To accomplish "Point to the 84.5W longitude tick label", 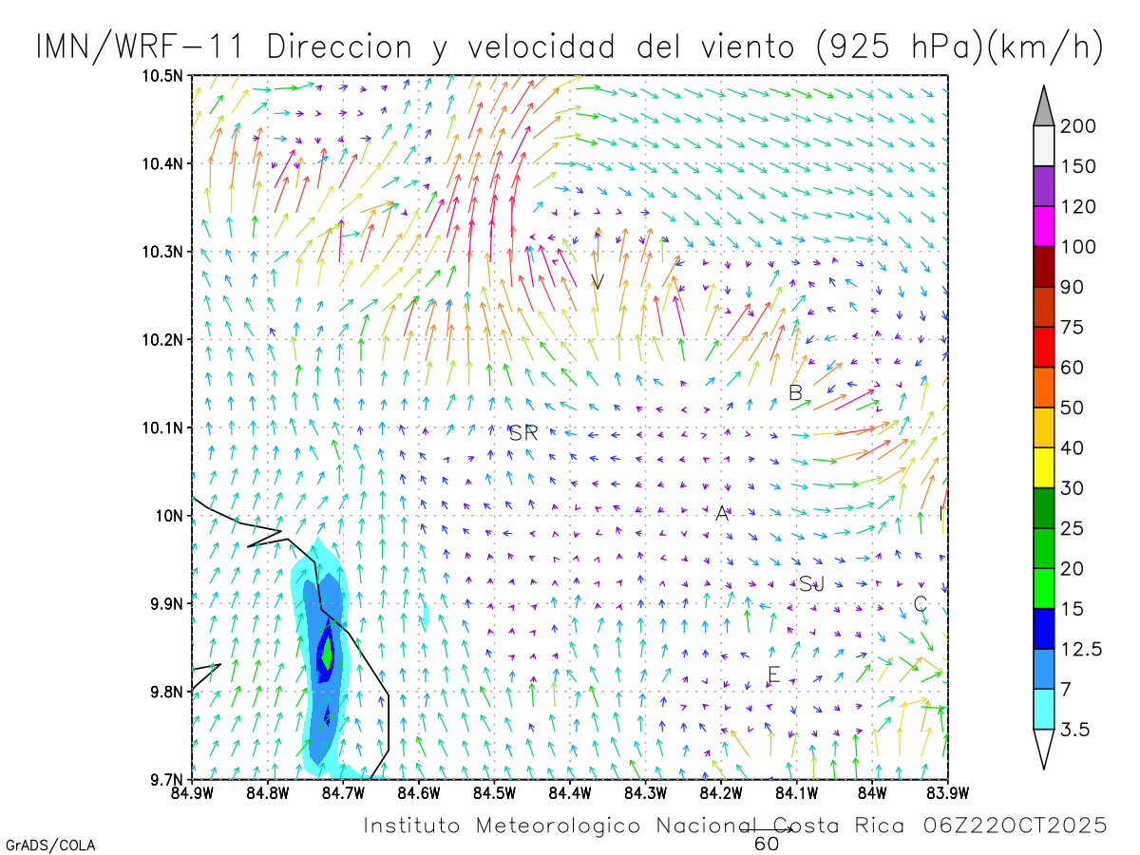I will click(494, 791).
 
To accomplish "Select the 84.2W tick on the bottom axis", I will click(721, 791).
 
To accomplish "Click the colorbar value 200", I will click(1077, 126).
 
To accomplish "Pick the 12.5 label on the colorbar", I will click(1081, 649).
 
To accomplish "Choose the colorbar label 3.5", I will click(1073, 730).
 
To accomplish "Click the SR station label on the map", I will click(523, 434).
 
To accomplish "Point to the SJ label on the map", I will click(810, 584).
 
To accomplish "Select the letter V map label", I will click(598, 282).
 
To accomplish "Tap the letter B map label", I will click(796, 392).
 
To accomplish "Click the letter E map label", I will click(773, 675).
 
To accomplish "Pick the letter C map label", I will click(920, 603).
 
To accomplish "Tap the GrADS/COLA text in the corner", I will click(50, 845).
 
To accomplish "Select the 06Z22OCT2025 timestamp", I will click(1016, 826).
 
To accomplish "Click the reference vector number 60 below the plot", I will click(767, 844).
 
